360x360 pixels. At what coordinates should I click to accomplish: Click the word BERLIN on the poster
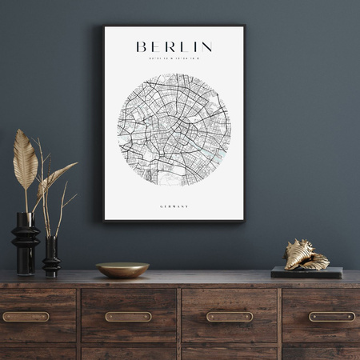[174, 46]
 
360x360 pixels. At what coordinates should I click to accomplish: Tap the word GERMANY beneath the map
[174, 206]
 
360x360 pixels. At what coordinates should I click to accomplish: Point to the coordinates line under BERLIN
[174, 58]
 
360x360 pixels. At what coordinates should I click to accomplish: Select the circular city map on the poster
[174, 130]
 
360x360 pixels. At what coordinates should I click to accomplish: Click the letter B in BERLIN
[142, 46]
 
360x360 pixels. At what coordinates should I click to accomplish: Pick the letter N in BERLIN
[206, 46]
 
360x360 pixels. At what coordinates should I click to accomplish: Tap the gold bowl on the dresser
[122, 270]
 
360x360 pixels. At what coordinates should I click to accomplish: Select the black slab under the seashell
[306, 272]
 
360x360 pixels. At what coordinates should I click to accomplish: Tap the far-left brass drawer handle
[26, 316]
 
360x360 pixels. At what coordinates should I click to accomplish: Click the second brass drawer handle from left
[128, 316]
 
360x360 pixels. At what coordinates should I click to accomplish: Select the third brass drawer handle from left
[230, 316]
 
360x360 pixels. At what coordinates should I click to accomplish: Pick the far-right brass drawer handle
[331, 316]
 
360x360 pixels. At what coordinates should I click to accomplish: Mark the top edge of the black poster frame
[174, 26]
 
